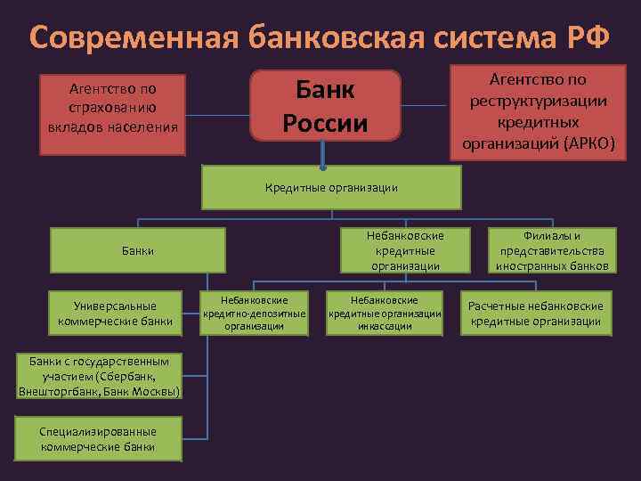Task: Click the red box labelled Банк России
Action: click(325, 105)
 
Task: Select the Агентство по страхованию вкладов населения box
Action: click(112, 107)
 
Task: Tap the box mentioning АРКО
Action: click(538, 110)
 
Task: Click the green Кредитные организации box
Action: click(331, 188)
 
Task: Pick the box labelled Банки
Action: click(138, 250)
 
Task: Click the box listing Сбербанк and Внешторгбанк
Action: click(99, 376)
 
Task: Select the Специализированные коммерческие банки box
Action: click(98, 438)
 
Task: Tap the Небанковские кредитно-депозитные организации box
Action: click(254, 314)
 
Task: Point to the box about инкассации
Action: click(385, 314)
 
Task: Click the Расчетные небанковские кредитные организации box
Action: click(536, 314)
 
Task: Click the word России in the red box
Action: click(325, 121)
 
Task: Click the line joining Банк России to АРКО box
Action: click(426, 105)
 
